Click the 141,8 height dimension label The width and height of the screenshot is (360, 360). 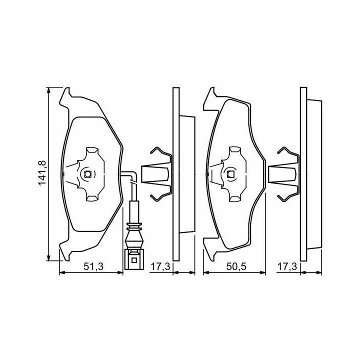click(x=42, y=173)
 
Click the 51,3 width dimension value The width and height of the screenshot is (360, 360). click(x=93, y=266)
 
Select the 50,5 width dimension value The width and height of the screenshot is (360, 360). click(x=236, y=266)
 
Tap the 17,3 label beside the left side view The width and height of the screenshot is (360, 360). click(x=160, y=266)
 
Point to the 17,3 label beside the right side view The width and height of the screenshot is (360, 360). click(x=287, y=266)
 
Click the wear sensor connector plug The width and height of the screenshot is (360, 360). click(x=133, y=259)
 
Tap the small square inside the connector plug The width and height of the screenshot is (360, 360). click(x=133, y=260)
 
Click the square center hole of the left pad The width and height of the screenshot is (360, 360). click(x=87, y=174)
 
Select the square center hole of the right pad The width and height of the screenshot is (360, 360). click(x=230, y=174)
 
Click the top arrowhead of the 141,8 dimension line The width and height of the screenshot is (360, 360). click(x=48, y=90)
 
